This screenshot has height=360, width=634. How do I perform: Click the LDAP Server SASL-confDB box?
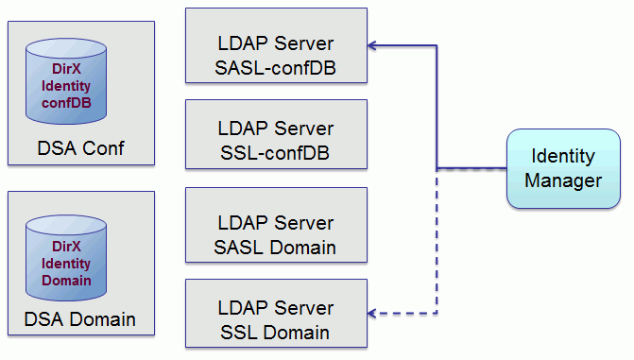click(x=276, y=45)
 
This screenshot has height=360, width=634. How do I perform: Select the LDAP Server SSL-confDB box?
click(x=276, y=134)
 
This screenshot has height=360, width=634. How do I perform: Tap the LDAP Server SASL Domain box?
click(x=276, y=225)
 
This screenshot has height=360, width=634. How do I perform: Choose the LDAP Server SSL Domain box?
click(x=276, y=314)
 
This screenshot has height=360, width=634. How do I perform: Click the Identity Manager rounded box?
click(x=563, y=169)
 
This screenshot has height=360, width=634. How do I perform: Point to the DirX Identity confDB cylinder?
click(x=66, y=81)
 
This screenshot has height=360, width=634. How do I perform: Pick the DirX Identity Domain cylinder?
click(x=66, y=258)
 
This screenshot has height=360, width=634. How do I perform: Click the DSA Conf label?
click(x=81, y=148)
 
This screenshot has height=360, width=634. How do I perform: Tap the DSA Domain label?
click(x=80, y=319)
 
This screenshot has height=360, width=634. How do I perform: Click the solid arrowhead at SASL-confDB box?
click(x=371, y=45)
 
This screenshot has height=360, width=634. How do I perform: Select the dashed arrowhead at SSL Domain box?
click(x=371, y=313)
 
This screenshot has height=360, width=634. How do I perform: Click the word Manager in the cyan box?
click(x=563, y=180)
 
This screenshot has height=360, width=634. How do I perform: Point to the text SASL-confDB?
click(x=275, y=68)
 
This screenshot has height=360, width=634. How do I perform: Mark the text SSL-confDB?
click(x=275, y=153)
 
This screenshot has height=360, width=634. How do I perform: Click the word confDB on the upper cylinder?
click(x=66, y=103)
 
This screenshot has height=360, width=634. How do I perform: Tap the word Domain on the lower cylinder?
click(x=66, y=281)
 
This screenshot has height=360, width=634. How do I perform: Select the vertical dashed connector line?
click(x=437, y=241)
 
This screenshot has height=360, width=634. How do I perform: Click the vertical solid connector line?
click(x=437, y=107)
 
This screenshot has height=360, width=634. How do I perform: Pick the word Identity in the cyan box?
click(x=563, y=157)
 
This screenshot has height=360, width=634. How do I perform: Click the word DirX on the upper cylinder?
click(x=66, y=69)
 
